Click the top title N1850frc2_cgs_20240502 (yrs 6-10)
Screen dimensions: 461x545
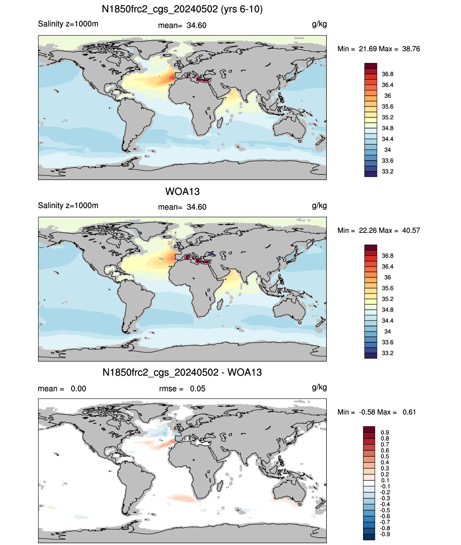point(182,9)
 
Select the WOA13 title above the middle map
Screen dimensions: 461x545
point(182,192)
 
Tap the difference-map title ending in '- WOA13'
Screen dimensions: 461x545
point(182,372)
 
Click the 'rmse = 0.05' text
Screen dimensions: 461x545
point(182,389)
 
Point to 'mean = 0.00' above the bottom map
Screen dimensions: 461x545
point(62,389)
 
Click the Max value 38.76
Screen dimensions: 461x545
point(411,49)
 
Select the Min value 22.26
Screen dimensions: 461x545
point(367,230)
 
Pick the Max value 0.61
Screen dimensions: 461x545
point(409,412)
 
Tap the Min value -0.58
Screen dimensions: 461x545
point(367,412)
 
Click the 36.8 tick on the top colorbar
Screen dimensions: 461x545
point(387,74)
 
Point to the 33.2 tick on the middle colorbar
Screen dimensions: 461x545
point(387,353)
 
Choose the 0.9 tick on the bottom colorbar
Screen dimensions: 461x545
point(385,432)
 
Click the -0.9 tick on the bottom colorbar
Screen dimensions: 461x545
point(385,534)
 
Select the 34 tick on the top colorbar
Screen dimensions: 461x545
point(387,150)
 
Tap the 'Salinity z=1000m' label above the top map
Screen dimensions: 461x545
point(68,24)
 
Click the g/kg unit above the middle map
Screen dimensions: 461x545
point(319,206)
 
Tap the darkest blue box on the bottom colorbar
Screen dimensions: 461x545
point(369,537)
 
